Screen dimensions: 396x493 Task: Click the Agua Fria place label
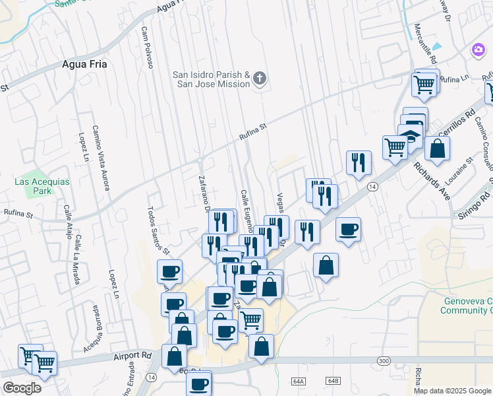84,64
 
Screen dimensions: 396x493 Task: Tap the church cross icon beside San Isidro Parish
260,79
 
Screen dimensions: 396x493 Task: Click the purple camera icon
478,49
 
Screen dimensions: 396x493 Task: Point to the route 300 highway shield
384,360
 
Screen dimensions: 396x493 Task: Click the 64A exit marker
299,381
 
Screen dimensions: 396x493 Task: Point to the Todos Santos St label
158,230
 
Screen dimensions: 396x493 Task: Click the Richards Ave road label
432,170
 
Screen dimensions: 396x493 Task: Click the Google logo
22,387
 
